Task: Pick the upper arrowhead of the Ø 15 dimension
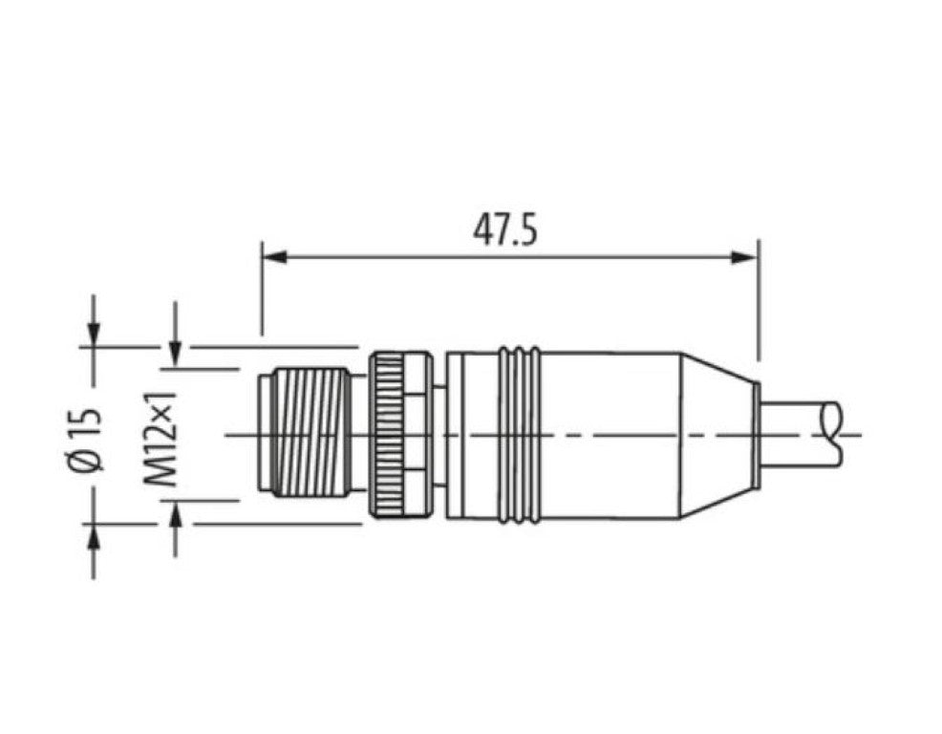(94, 334)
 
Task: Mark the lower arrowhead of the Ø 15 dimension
(94, 536)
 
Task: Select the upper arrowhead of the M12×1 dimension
(175, 355)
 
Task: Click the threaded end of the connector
(304, 435)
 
